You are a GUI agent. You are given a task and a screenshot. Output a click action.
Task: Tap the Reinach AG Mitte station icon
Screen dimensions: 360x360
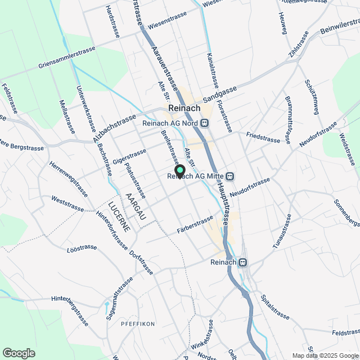(x=231, y=176)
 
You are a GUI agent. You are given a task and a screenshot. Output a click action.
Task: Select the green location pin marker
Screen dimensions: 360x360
(x=180, y=171)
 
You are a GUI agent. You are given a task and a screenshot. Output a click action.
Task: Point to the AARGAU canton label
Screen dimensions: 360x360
(x=134, y=206)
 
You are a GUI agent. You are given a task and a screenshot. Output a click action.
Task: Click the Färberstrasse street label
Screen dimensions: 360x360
(x=195, y=223)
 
